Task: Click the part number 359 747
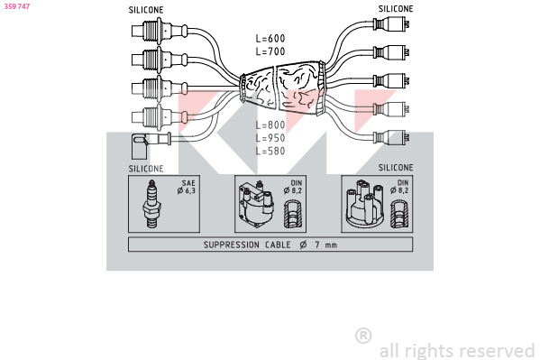click(x=17, y=6)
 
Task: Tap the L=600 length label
click(x=270, y=38)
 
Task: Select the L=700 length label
click(x=270, y=51)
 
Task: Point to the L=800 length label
click(x=270, y=125)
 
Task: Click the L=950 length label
click(x=270, y=138)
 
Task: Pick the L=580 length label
click(x=270, y=151)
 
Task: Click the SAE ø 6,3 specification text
click(x=187, y=187)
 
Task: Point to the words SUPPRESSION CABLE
click(x=247, y=245)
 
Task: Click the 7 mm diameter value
click(x=325, y=245)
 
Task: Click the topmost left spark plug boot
click(x=159, y=31)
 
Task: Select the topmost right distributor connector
click(x=391, y=23)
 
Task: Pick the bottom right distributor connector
click(x=391, y=137)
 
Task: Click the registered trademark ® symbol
click(x=363, y=336)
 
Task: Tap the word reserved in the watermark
click(x=497, y=351)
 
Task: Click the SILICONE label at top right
click(x=396, y=9)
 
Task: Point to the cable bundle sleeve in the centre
click(x=283, y=88)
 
